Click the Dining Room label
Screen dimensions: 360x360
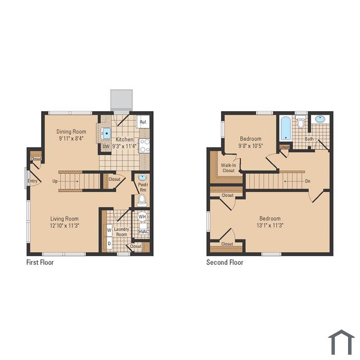point(71,132)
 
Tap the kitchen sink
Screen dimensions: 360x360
point(106,133)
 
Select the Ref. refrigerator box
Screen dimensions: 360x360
point(143,122)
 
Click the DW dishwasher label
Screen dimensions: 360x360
point(106,147)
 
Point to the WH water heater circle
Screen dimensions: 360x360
point(142,217)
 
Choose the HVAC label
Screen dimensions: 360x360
point(143,231)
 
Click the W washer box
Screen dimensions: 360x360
point(109,230)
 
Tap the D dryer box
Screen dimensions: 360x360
point(109,243)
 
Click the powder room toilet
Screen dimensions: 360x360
point(141,200)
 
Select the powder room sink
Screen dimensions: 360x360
point(142,177)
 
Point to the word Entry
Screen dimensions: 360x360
point(32,181)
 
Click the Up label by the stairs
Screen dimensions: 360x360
point(55,181)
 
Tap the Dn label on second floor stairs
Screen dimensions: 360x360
point(308,181)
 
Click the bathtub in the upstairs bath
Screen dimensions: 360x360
point(285,129)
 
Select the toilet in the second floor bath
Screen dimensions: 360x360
point(300,122)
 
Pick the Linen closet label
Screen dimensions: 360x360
point(284,147)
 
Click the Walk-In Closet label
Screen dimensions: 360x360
point(228,168)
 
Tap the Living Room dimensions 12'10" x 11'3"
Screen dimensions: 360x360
point(64,225)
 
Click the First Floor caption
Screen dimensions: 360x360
point(40,262)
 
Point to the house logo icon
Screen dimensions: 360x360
point(341,342)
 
